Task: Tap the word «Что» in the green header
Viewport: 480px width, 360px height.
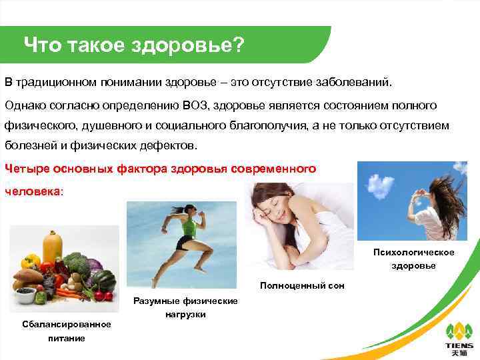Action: pyautogui.click(x=42, y=45)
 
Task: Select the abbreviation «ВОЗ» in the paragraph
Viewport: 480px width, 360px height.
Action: pyautogui.click(x=193, y=105)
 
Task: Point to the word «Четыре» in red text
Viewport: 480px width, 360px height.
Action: pyautogui.click(x=26, y=169)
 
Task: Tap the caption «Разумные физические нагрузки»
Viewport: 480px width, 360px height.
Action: pyautogui.click(x=185, y=307)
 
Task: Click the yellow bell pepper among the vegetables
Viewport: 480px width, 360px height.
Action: pyautogui.click(x=31, y=261)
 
